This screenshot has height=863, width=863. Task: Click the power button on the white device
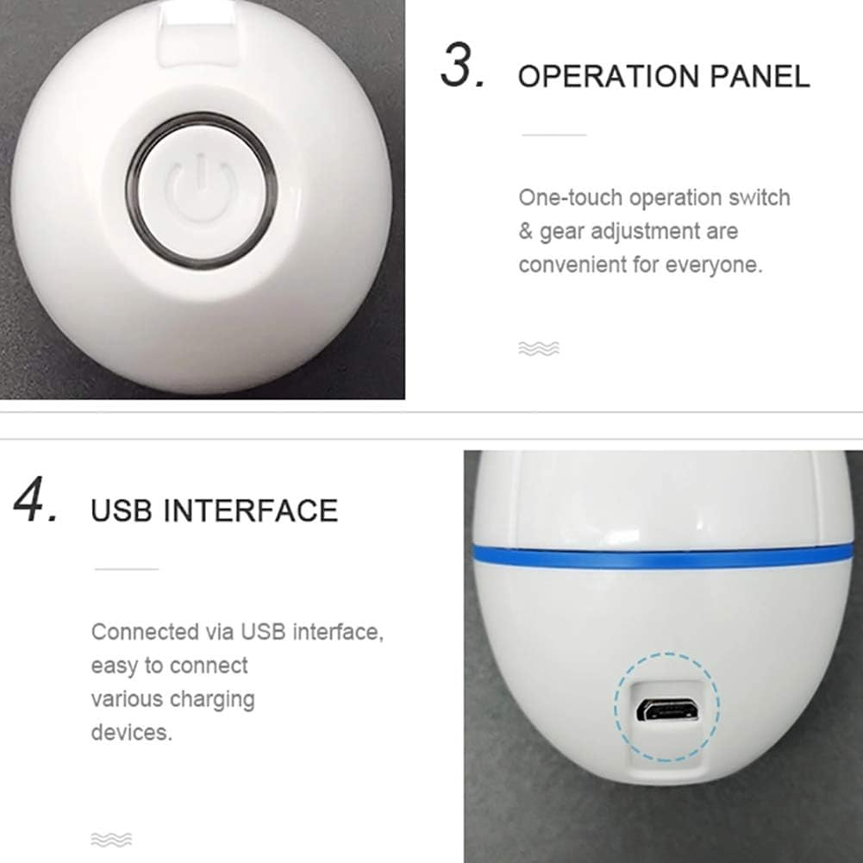(201, 190)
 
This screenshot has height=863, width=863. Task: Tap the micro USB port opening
(667, 710)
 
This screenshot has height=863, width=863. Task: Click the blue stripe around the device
(660, 556)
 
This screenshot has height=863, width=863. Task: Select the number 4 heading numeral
(35, 500)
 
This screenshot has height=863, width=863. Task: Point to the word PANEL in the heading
(760, 76)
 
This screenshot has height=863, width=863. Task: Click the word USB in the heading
(122, 510)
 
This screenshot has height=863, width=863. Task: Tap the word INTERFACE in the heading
(251, 510)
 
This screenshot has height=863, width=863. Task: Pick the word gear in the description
(561, 233)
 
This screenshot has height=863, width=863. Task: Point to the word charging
(212, 700)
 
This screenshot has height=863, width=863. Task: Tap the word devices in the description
(132, 733)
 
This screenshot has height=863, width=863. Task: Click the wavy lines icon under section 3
(539, 348)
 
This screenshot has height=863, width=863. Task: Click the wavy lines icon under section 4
(111, 840)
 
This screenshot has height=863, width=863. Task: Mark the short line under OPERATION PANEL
(554, 134)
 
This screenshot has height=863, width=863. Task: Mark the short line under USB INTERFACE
(127, 569)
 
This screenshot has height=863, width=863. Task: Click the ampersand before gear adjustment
(526, 231)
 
